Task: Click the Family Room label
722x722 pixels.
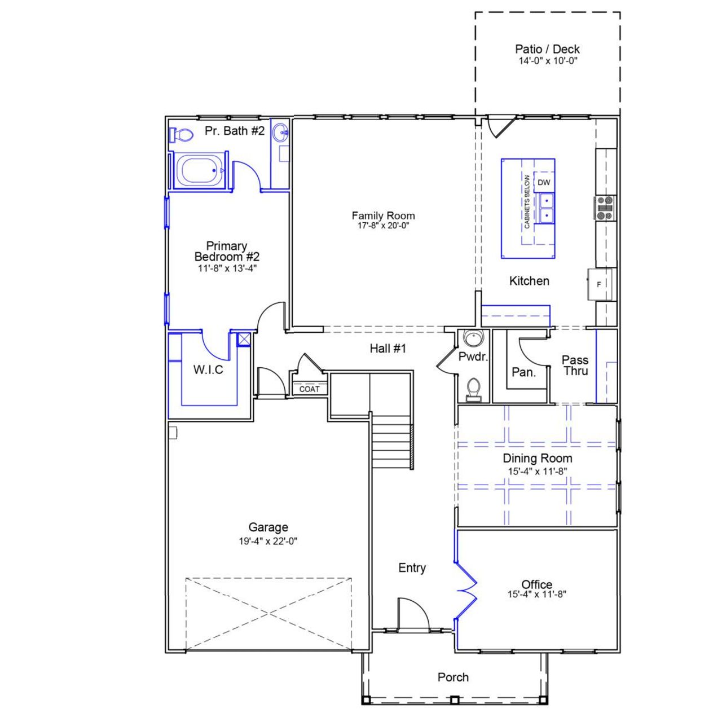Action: pos(383,215)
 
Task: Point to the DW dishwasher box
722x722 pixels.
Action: pos(544,182)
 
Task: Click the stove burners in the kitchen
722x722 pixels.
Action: pos(605,207)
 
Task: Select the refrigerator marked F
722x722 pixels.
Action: pos(599,284)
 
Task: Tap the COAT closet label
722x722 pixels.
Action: pos(309,389)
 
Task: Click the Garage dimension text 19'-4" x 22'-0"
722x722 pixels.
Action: pos(268,541)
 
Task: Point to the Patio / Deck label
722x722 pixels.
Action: pos(547,49)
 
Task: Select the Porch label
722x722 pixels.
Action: pos(453,677)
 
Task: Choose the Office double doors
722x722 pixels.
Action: pos(466,590)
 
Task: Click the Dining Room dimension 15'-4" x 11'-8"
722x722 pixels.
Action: pos(537,472)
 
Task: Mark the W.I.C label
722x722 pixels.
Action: pos(208,369)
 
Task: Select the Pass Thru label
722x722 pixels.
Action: pos(575,365)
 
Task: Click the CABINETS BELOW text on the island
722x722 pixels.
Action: pos(527,201)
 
